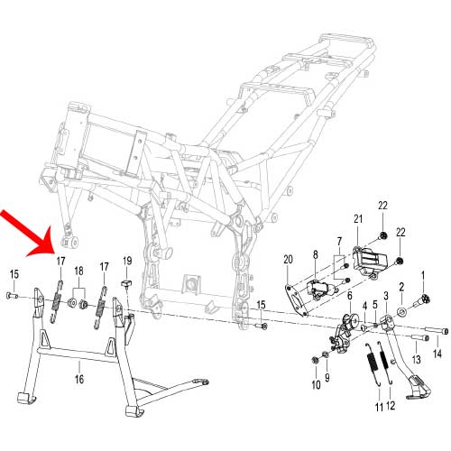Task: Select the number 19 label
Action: [128, 262]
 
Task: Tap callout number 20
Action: [289, 259]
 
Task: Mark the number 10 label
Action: [316, 385]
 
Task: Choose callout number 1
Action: [424, 274]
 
